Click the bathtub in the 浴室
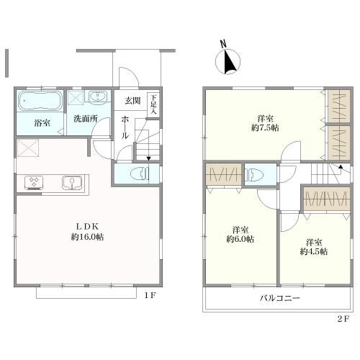[x=40, y=101]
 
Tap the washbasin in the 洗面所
[x=97, y=98]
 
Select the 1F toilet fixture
[x=140, y=174]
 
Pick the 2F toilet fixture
[x=255, y=174]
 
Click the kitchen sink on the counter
[x=72, y=182]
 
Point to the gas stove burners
[x=34, y=182]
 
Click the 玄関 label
[x=132, y=101]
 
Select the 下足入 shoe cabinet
[x=153, y=105]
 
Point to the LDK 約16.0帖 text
[x=87, y=232]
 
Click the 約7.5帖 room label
[x=265, y=127]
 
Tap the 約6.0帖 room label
[x=240, y=239]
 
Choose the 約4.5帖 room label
[x=314, y=251]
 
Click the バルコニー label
[x=280, y=299]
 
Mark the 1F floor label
[x=150, y=295]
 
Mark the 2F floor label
[x=343, y=319]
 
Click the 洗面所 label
[x=86, y=119]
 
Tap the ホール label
[x=125, y=127]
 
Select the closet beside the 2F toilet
[x=223, y=174]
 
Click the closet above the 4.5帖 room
[x=325, y=199]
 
